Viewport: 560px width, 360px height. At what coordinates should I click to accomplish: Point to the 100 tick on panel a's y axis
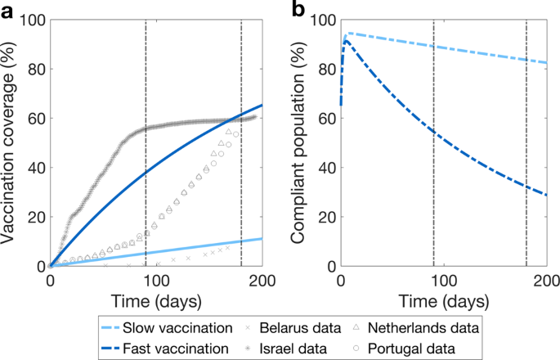30,20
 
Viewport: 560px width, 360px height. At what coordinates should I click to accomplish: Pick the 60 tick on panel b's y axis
325,119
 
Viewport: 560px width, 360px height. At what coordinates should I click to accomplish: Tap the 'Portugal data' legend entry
424,348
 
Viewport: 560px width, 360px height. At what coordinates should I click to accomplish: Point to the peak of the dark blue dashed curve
347,40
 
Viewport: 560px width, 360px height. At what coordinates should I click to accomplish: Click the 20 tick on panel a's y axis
34,218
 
